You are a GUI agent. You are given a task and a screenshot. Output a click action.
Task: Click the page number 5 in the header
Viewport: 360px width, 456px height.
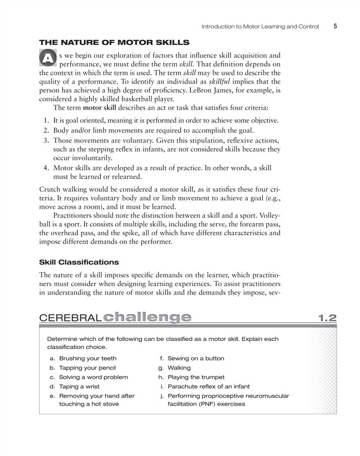coord(336,26)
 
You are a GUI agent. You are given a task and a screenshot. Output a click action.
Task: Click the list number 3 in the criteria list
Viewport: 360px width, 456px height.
coord(45,141)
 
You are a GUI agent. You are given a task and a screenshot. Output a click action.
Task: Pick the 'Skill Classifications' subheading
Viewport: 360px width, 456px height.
coord(79,262)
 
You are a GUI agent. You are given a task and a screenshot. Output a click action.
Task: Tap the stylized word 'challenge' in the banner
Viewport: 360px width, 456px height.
coord(147,317)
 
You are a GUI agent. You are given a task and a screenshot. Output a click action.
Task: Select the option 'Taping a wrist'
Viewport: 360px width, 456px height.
coord(79,386)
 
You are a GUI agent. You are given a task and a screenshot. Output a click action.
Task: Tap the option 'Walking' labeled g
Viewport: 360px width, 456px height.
coord(179,367)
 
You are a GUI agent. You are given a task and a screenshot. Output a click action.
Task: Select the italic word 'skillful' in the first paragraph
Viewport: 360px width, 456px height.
coord(222,82)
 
